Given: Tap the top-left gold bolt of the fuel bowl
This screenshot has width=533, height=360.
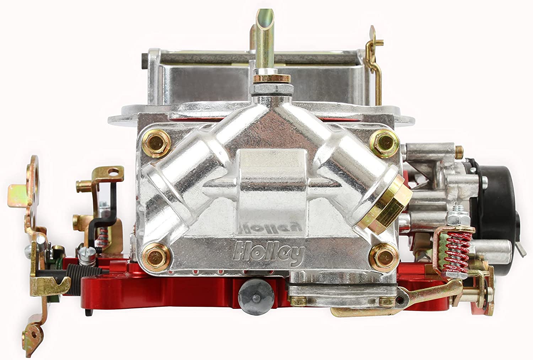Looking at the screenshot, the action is pyautogui.click(x=156, y=144).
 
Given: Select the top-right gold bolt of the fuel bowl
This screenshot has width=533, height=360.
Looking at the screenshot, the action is pyautogui.click(x=384, y=144).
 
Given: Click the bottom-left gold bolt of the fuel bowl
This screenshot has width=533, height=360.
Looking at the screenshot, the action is pyautogui.click(x=156, y=258).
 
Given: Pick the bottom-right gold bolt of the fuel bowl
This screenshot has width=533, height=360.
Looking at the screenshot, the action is pyautogui.click(x=384, y=258).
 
